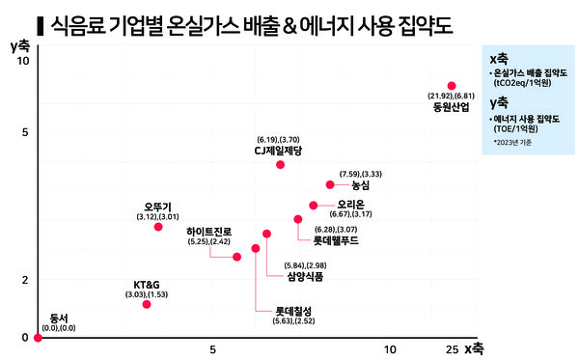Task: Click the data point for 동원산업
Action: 451,86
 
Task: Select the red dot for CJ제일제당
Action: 280,165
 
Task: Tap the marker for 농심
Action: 330,184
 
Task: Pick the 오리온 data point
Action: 313,206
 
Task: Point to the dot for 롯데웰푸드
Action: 298,220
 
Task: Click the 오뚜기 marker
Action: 158,226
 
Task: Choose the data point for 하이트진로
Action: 237,257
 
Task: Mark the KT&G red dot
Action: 147,304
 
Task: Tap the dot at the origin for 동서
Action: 37,338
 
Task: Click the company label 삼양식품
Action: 305,277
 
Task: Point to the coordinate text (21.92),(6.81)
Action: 451,97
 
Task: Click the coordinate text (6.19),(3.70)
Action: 279,140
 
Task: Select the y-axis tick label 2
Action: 25,280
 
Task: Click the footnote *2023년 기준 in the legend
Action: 511,143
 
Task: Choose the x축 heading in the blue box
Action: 500,59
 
